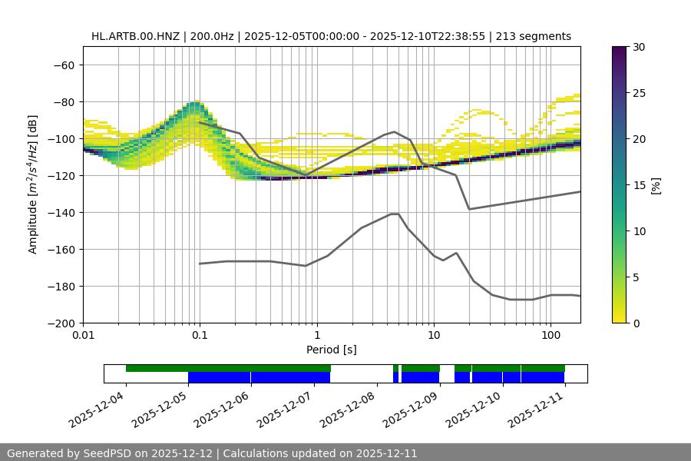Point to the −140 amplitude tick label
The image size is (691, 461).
tap(61, 212)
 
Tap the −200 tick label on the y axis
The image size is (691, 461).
tap(61, 323)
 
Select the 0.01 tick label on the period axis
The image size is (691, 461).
tap(83, 336)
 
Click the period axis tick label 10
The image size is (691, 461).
tap(434, 336)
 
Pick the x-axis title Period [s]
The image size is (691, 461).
tap(332, 350)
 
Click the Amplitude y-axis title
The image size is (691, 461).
tap(33, 184)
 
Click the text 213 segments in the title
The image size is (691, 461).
tap(535, 36)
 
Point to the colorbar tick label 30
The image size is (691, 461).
tap(639, 47)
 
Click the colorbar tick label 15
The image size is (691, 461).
tap(639, 185)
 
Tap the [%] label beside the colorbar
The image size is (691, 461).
tap(656, 185)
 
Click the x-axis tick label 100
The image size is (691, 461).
tap(550, 336)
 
